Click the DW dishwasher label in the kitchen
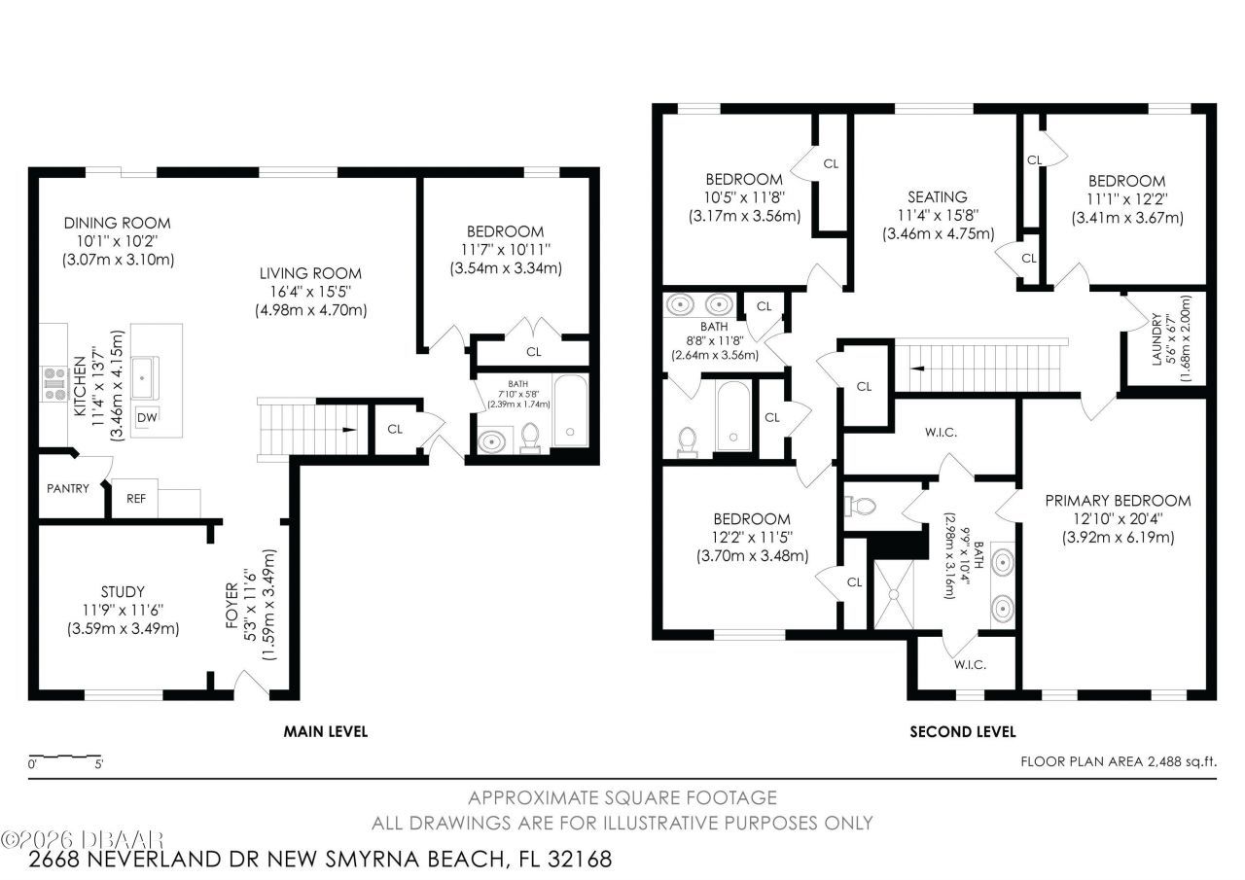click(x=147, y=417)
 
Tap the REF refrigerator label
click(x=136, y=498)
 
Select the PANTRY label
click(x=68, y=488)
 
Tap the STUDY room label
click(x=123, y=591)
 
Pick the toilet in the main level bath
click(x=531, y=439)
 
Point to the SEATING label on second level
click(x=938, y=196)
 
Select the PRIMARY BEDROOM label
click(x=1118, y=501)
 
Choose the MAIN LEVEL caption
click(x=325, y=731)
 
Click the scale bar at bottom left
click(x=64, y=756)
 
